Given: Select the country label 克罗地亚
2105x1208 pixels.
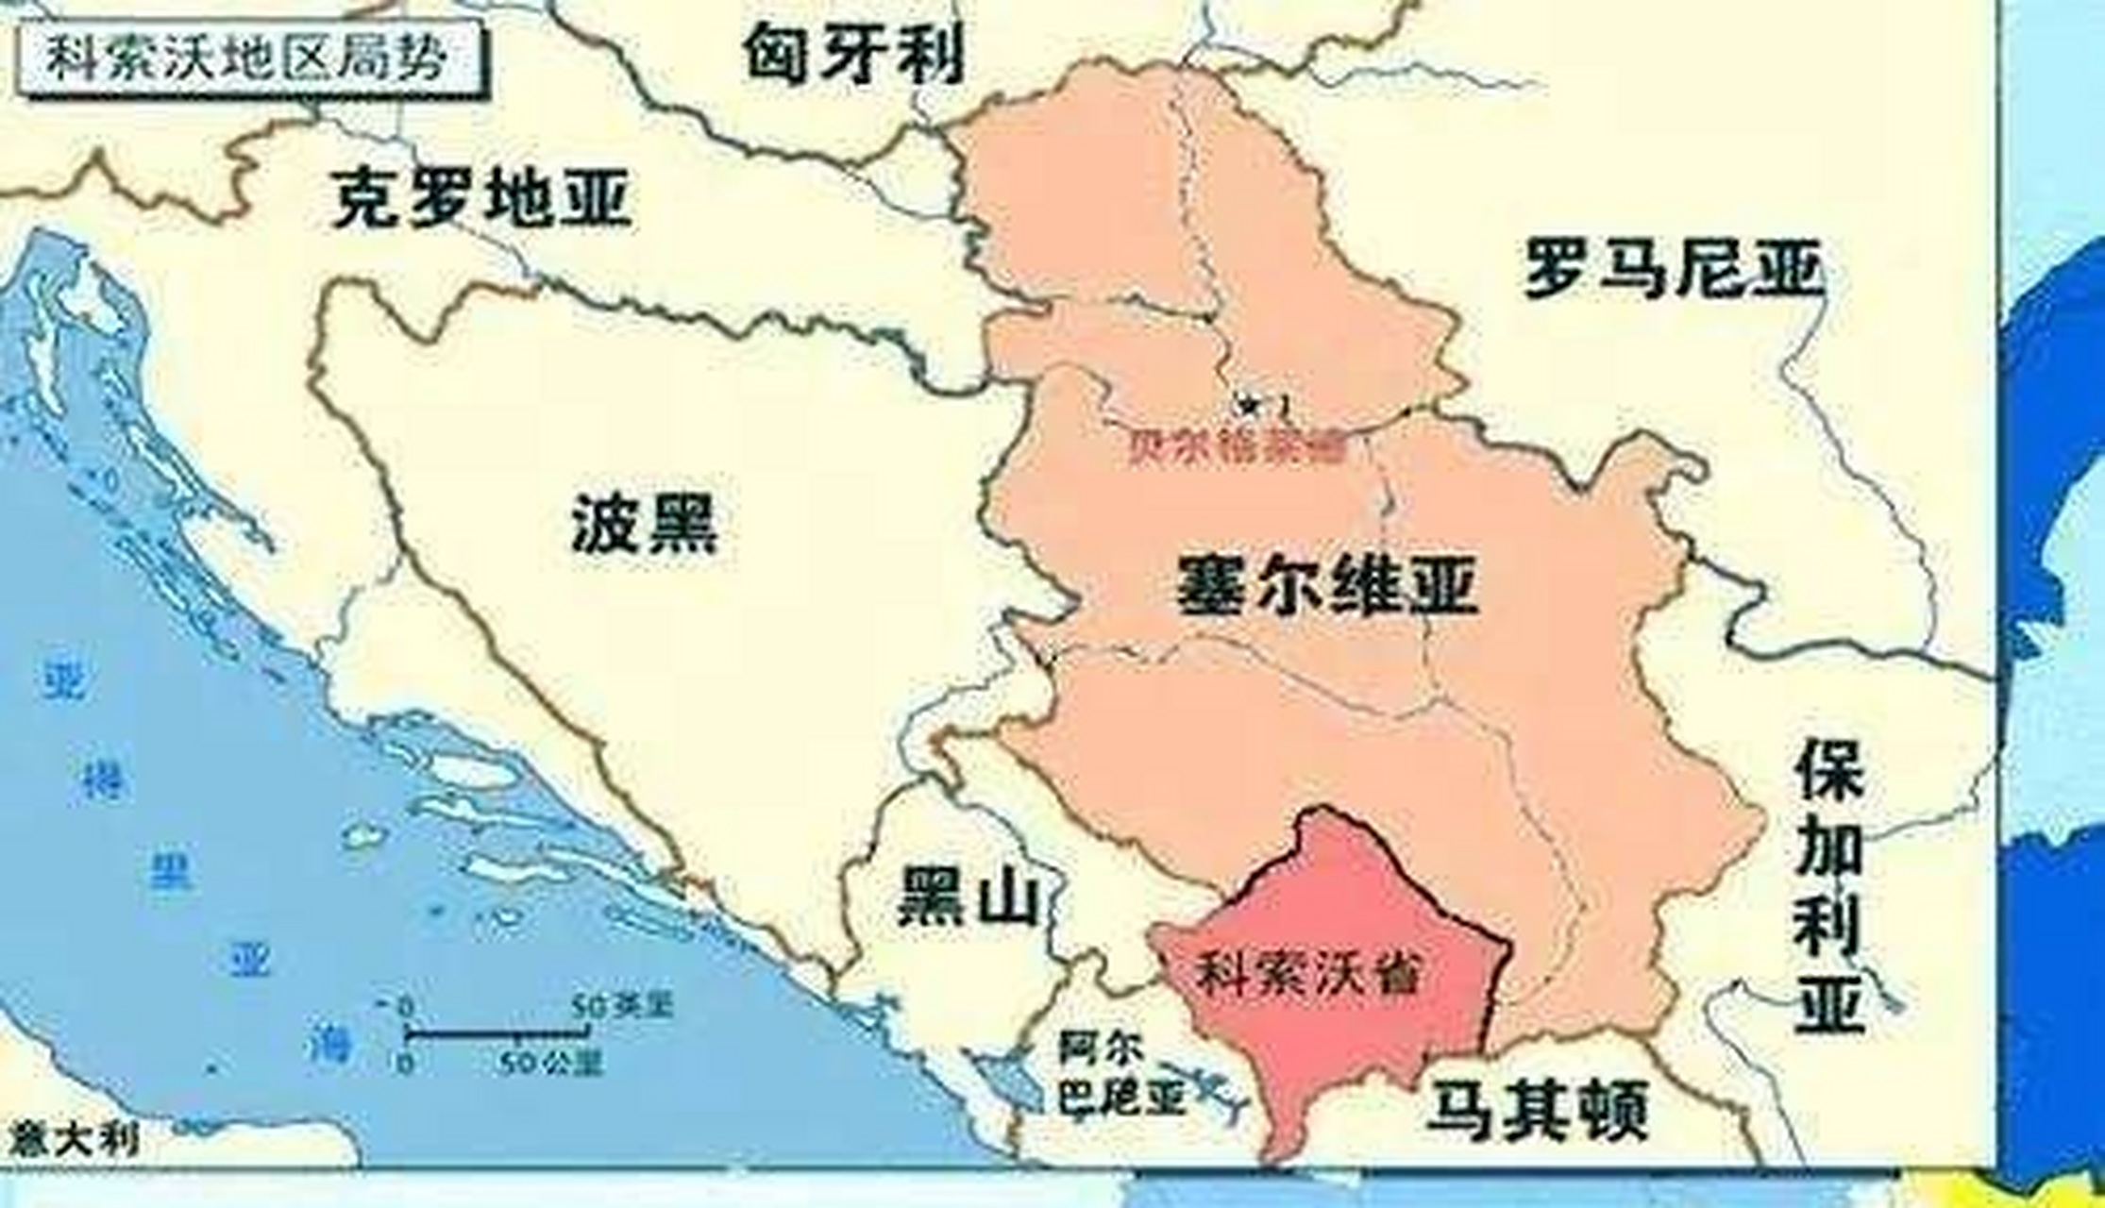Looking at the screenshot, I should (480, 197).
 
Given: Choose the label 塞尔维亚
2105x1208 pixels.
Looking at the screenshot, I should (1326, 586).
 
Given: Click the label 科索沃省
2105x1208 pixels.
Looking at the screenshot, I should (1308, 972).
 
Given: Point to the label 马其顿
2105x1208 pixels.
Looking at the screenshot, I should (1538, 1110).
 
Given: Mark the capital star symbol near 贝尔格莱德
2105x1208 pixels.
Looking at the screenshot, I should (1250, 405).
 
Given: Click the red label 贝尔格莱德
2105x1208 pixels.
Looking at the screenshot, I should (1237, 449).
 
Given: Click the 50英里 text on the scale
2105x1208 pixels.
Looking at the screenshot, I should (622, 1006).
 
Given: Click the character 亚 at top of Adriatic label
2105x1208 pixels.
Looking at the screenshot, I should (65, 680).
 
